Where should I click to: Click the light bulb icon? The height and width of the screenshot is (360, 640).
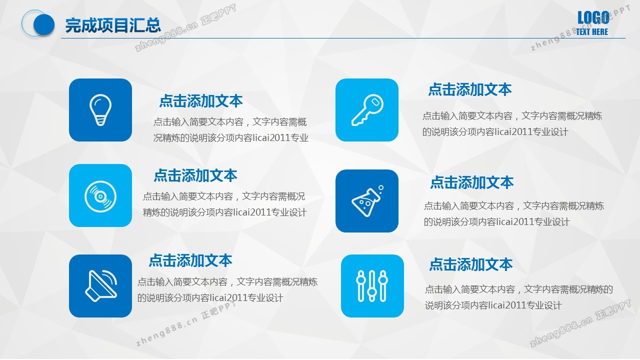coord(100,110)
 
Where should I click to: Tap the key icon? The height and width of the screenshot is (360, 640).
coord(367,110)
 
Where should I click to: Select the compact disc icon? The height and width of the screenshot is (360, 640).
coord(100,196)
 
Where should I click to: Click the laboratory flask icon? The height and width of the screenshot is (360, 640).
coord(367,201)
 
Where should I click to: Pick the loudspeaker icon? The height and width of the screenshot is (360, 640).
coord(100,285)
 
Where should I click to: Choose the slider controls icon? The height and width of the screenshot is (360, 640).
coord(372,285)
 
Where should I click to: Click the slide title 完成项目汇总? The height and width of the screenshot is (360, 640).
coord(113,25)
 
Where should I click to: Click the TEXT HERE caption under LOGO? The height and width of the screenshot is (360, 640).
coord(591,31)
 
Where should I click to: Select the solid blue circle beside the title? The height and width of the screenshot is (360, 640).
coord(44,24)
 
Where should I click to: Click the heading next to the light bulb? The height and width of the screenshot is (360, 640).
coord(201,101)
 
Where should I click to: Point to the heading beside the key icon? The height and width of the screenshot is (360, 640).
coord(470,89)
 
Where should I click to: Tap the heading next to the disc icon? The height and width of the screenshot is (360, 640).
coord(195,175)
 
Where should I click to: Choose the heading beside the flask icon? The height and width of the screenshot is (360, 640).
coord(472,182)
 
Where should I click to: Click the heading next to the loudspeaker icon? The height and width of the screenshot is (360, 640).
coord(190,260)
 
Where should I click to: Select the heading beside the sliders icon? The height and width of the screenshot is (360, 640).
coord(471,264)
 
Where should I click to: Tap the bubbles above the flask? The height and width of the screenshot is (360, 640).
coord(380,189)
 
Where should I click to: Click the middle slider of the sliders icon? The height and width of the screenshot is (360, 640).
coord(372,285)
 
